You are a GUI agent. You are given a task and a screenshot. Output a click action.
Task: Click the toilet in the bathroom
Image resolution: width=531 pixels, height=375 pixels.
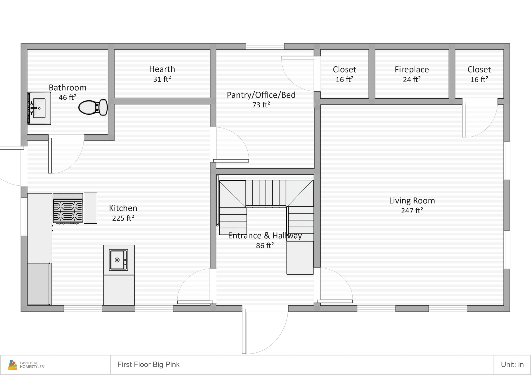coord(93,107)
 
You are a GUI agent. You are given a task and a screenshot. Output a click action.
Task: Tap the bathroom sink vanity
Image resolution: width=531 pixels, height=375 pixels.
coord(39,108)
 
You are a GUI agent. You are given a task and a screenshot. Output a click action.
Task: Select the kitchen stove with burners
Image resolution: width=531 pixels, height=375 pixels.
coord(68,208)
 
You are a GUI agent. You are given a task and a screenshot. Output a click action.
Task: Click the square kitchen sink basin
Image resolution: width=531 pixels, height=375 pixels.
coord(118,260)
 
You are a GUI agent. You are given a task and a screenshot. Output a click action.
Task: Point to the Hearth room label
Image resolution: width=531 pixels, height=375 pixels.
coord(162,69)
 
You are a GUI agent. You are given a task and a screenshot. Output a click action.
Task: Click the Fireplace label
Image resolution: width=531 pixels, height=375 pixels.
coord(412,70)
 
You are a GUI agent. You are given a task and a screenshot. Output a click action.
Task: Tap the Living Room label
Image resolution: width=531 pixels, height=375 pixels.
coord(412,201)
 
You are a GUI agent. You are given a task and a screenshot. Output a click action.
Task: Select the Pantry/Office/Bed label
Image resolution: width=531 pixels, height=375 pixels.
coord(261,95)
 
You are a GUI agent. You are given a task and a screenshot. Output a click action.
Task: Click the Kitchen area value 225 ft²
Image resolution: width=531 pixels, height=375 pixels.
coord(123,218)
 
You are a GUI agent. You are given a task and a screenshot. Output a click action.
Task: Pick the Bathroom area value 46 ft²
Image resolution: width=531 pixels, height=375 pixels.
coord(68,97)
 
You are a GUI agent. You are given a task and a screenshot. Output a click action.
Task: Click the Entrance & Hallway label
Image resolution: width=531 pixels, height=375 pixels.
coord(265,236)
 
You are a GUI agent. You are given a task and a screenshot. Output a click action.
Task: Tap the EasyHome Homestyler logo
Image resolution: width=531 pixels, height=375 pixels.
coord(26,365)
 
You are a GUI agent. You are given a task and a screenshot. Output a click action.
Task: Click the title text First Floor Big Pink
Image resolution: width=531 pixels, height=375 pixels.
coord(149,365)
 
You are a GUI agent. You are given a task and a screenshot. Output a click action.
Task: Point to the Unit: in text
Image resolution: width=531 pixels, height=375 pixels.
coord(512,365)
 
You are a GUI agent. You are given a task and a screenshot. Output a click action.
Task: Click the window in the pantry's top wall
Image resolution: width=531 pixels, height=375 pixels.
coord(265,46)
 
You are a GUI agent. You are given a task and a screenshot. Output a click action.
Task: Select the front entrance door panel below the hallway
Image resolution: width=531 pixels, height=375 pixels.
coord(244,331)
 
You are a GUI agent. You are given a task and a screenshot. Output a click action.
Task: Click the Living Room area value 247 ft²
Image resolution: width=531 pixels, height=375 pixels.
coord(412,211)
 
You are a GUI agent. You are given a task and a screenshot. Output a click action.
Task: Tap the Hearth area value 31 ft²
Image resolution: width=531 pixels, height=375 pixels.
coord(162,79)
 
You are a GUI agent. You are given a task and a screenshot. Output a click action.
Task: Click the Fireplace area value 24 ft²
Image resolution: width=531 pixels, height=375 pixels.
coord(412,79)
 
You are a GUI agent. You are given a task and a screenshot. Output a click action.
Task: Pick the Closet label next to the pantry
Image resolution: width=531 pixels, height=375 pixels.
coord(345,70)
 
